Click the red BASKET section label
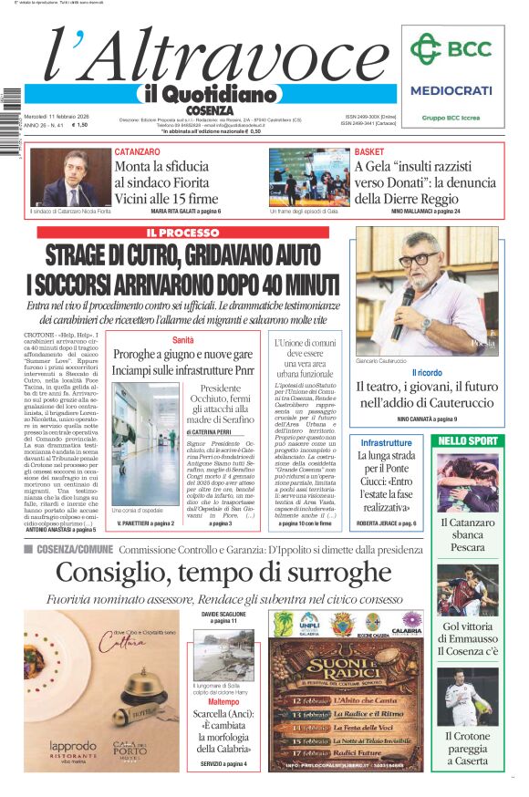point(369,151)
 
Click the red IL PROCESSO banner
point(182,233)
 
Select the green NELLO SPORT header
point(468,441)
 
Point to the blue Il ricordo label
point(427,373)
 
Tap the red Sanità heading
point(183,340)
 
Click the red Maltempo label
point(223,702)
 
